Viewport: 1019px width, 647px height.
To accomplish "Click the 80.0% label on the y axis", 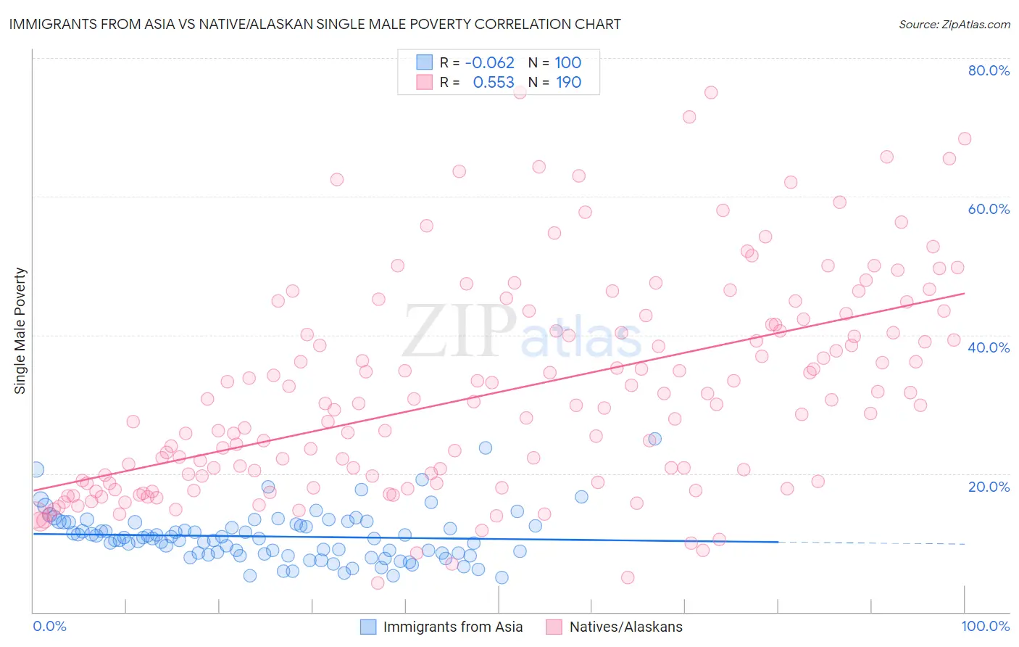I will point(989,70).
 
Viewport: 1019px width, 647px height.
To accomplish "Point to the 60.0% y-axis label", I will point(989,209).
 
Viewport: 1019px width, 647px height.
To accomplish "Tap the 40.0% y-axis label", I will point(989,347).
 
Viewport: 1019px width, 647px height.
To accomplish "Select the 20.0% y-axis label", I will point(989,487).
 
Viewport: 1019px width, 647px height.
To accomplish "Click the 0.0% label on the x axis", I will point(49,626).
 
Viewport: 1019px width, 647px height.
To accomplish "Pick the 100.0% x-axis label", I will point(985,626).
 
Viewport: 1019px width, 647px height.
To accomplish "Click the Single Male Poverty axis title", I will point(20,331).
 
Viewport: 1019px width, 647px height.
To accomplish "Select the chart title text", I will point(315,24).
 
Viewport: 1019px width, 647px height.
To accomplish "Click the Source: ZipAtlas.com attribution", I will point(954,24).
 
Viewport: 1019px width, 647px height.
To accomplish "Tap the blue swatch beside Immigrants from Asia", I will point(368,627).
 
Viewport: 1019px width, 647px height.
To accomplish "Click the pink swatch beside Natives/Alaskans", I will point(554,627).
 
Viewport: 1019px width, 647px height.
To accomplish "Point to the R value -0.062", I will point(489,62).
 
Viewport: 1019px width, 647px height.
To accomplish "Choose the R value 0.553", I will point(494,83).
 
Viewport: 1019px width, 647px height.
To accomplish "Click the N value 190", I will point(569,83).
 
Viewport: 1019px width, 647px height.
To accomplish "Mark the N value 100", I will point(568,62).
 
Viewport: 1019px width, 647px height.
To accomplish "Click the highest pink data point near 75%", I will point(711,92).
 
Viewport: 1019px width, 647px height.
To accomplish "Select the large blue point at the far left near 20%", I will point(36,470).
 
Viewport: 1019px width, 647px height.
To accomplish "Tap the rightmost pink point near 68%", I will point(965,139).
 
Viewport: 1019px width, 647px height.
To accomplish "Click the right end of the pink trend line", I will point(965,293).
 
